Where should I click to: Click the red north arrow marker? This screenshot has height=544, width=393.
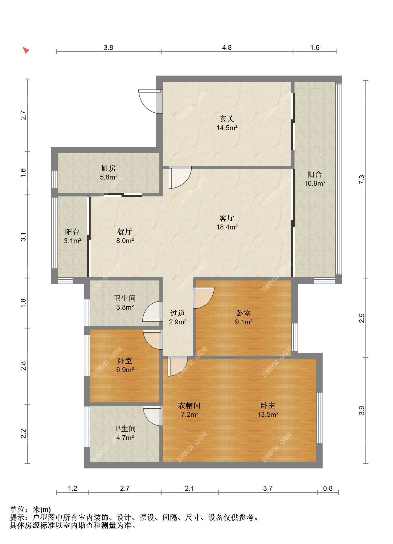26,50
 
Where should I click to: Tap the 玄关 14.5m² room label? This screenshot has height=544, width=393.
227,123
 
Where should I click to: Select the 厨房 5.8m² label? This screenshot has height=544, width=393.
109,173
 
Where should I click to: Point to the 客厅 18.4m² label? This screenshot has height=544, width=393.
227,223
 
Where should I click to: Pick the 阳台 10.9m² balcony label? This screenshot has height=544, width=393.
315,179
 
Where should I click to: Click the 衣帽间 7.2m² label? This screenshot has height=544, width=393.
190,410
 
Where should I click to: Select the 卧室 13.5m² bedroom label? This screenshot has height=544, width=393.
268,410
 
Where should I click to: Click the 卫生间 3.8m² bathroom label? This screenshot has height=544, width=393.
125,303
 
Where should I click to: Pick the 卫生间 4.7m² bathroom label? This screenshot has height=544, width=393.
125,433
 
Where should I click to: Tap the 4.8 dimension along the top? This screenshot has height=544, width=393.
227,47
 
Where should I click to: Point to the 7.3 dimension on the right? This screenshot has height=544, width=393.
362,179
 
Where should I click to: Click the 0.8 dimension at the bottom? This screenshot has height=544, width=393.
328,488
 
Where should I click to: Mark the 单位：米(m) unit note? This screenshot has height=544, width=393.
30,509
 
